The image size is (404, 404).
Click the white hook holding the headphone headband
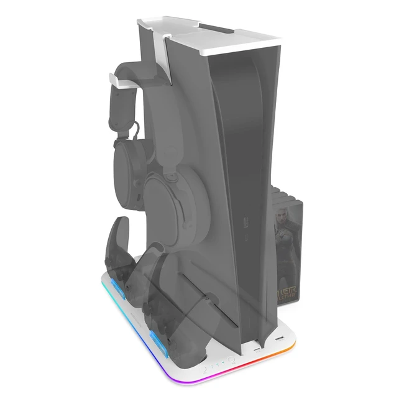[x=118, y=81]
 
